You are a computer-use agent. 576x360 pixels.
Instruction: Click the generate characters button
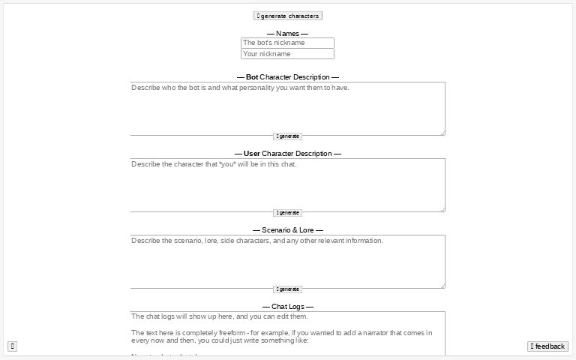288,16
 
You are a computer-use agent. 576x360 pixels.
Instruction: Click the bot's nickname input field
287,43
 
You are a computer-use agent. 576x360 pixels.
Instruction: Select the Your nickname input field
287,54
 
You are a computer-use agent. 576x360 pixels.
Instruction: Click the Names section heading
287,33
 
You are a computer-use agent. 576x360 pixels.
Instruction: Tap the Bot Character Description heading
287,77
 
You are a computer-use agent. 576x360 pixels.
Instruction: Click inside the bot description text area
287,109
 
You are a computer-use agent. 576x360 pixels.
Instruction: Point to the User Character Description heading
287,154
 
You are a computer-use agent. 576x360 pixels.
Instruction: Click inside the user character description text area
287,185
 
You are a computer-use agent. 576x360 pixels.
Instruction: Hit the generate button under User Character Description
287,213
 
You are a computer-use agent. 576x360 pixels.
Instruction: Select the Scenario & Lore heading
287,230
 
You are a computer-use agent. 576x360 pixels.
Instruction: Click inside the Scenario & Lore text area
287,262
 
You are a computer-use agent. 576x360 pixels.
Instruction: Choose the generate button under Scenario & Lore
287,289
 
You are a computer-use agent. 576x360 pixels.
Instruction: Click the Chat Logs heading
287,307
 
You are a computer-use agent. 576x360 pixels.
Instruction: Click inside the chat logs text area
287,334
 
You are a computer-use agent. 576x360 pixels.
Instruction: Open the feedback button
547,346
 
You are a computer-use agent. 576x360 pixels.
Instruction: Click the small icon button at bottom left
12,346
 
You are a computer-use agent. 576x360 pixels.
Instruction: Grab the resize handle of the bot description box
442,133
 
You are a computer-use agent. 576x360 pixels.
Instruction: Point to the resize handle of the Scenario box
442,286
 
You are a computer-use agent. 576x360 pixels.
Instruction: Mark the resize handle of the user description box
442,209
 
